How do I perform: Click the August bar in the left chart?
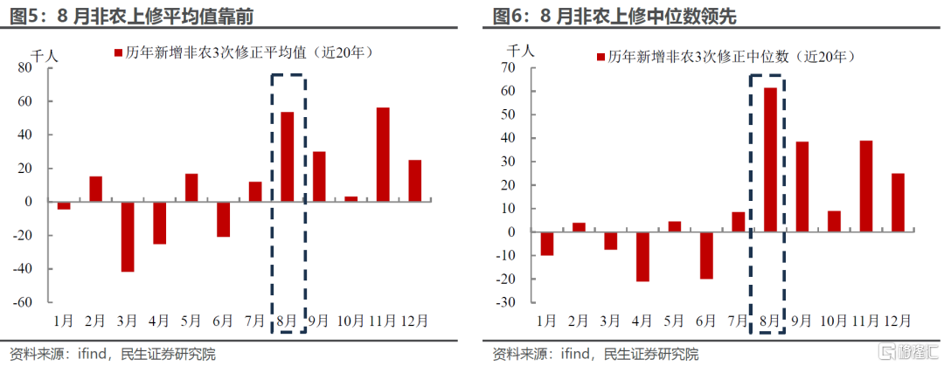click(x=287, y=156)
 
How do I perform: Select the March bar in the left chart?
click(x=128, y=236)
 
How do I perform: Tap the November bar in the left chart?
click(x=383, y=155)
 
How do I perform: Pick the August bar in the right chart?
click(x=769, y=160)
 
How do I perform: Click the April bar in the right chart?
click(x=642, y=257)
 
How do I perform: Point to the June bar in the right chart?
click(x=705, y=255)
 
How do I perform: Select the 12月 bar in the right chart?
click(x=898, y=203)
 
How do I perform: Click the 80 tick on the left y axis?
click(x=30, y=68)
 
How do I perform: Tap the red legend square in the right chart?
click(x=600, y=57)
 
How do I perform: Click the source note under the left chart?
click(x=109, y=353)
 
